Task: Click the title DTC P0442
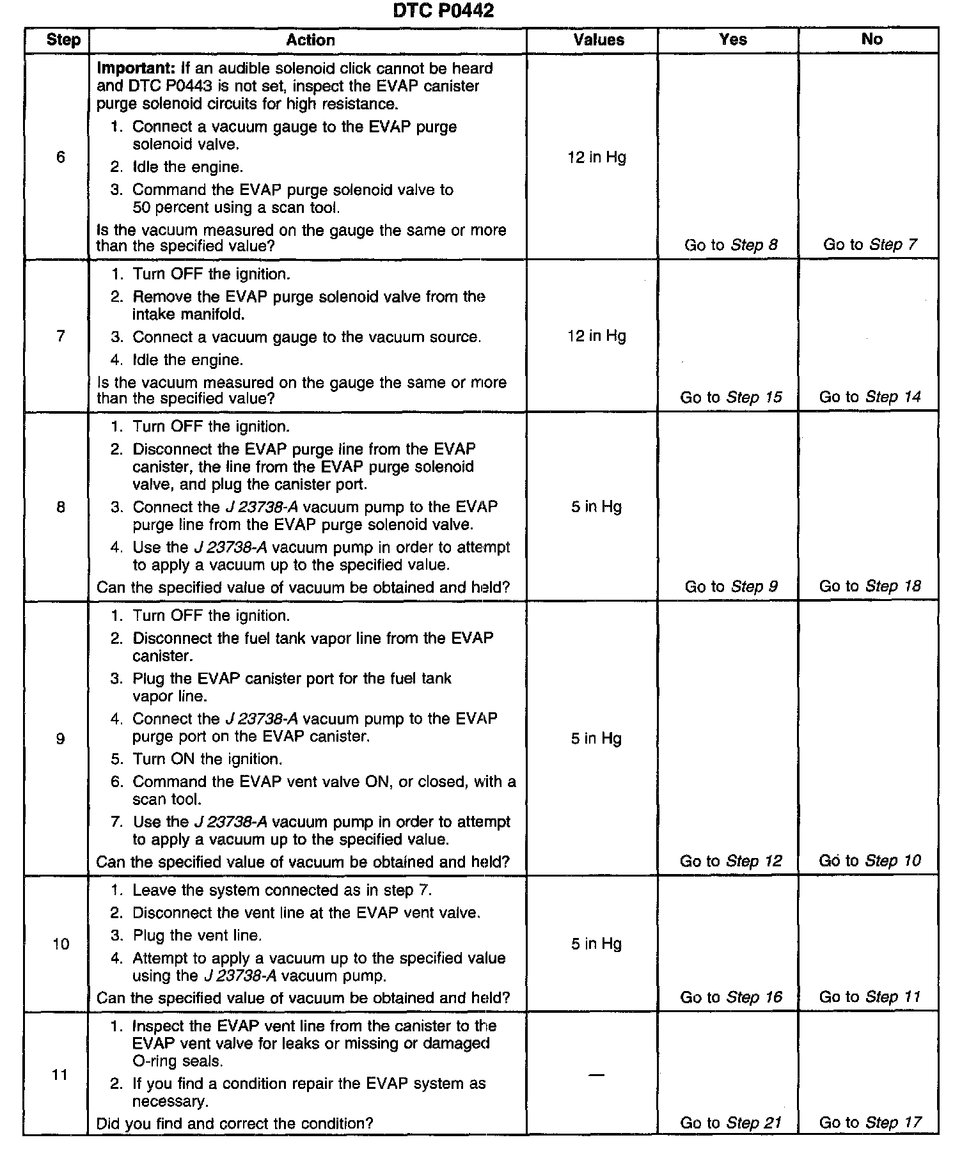[443, 11]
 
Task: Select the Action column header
[310, 40]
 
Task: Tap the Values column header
[599, 40]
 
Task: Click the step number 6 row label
[61, 157]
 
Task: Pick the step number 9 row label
[61, 739]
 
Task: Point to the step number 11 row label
[60, 1075]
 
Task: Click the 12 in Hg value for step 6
[597, 157]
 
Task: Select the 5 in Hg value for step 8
[597, 507]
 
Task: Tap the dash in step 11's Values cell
[596, 1075]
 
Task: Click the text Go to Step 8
[731, 245]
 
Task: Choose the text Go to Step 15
[731, 397]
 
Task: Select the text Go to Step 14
[870, 397]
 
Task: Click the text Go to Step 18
[870, 586]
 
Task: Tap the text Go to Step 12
[731, 861]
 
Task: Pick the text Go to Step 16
[731, 997]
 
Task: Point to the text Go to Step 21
[731, 1123]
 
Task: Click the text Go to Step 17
[870, 1123]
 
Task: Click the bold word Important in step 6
[136, 68]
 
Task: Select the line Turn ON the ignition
[207, 759]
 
